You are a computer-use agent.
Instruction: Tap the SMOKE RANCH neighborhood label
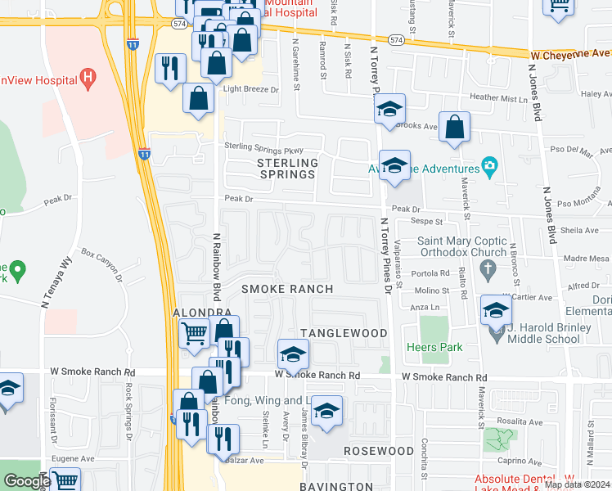(x=287, y=289)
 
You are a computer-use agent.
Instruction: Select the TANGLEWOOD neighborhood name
(x=343, y=333)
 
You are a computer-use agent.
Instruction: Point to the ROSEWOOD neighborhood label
(x=378, y=451)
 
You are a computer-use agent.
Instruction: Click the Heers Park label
(x=440, y=347)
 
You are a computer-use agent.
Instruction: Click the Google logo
(x=26, y=481)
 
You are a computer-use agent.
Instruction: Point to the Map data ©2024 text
(x=576, y=484)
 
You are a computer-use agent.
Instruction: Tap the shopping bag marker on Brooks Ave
(x=454, y=128)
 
